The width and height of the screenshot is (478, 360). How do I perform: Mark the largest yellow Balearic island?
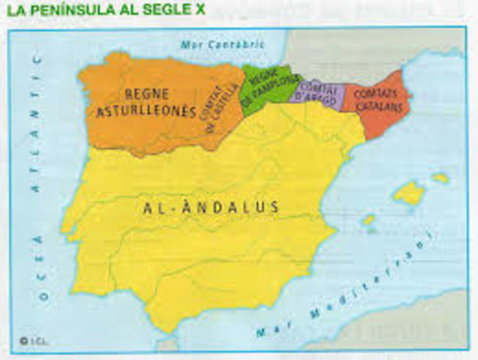coord(408,193)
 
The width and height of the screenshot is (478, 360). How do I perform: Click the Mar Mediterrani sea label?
coord(345,289)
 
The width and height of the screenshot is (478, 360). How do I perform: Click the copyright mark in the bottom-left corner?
coord(24,340)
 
